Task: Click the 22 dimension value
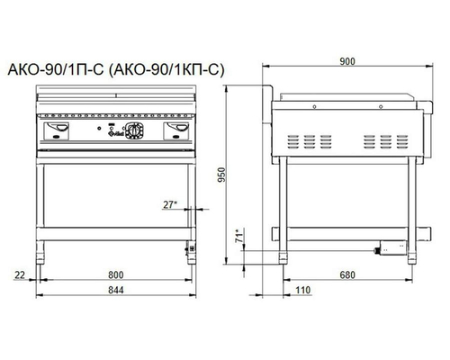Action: click(20, 274)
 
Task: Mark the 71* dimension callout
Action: click(239, 236)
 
